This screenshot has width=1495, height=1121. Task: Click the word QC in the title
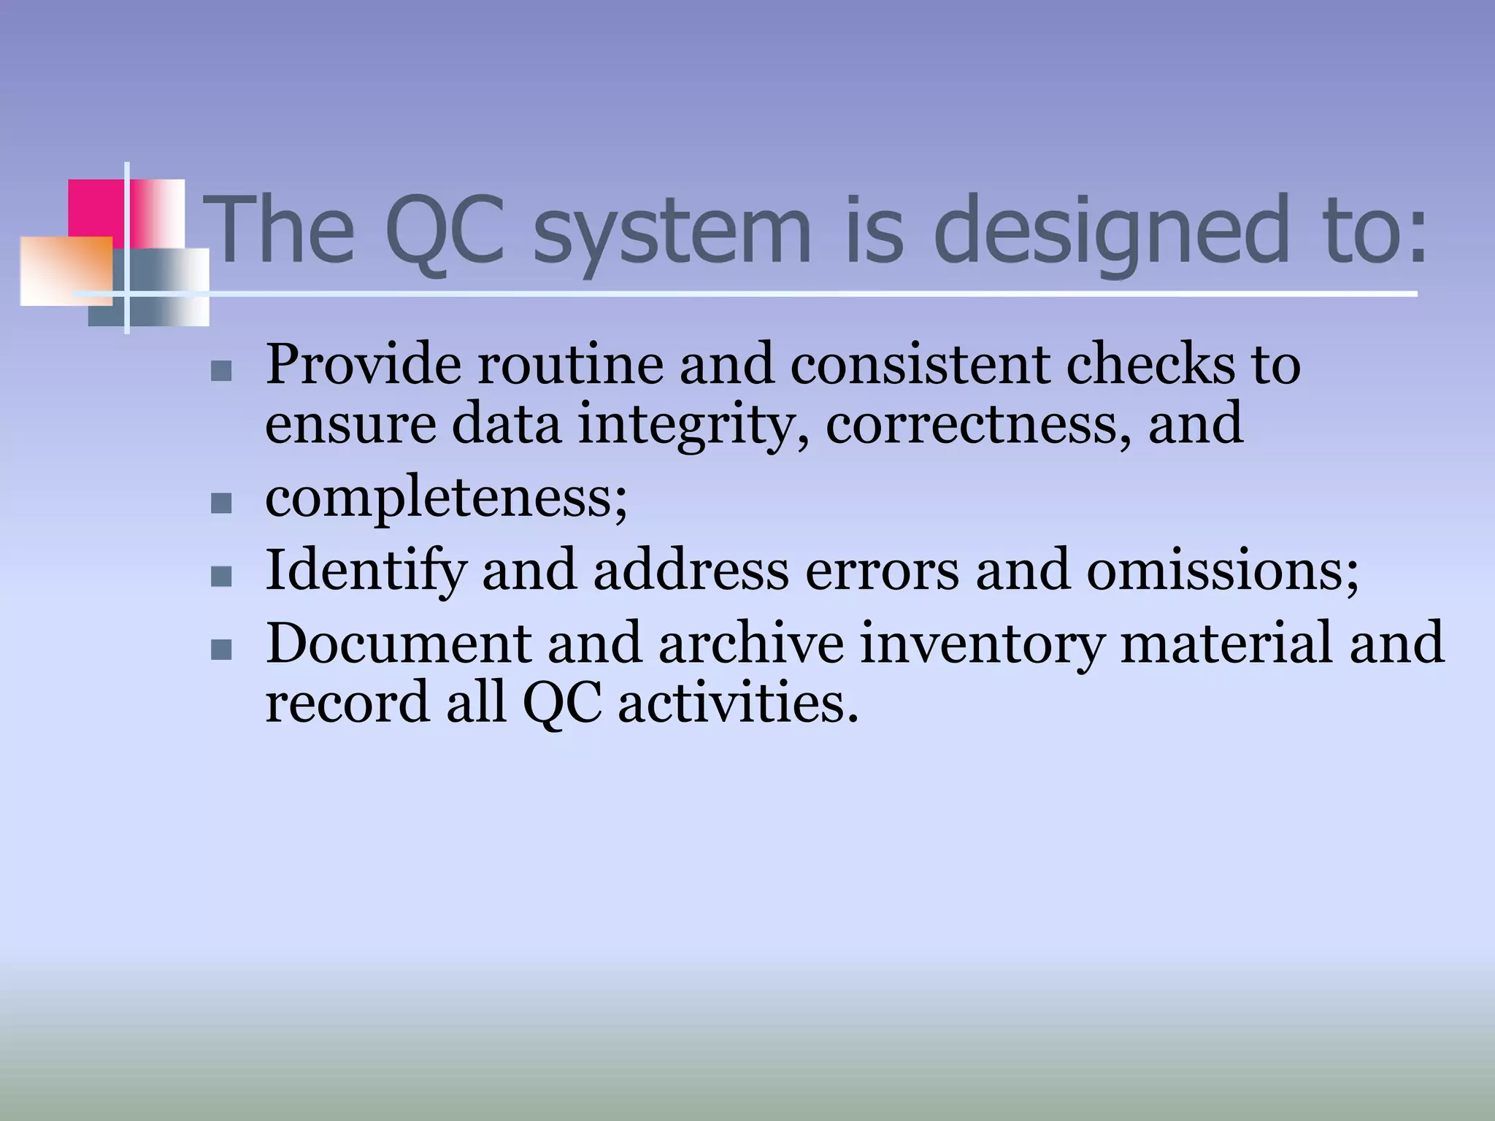(x=445, y=230)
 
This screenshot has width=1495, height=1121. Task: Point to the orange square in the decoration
(x=66, y=270)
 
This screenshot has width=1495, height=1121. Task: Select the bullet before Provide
(x=220, y=371)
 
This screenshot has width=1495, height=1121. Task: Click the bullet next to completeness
(x=220, y=503)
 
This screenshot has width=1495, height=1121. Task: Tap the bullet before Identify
(x=220, y=577)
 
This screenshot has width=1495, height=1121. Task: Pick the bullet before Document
(x=220, y=650)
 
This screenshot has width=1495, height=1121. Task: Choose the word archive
(x=751, y=642)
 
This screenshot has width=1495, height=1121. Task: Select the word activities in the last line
(x=737, y=703)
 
